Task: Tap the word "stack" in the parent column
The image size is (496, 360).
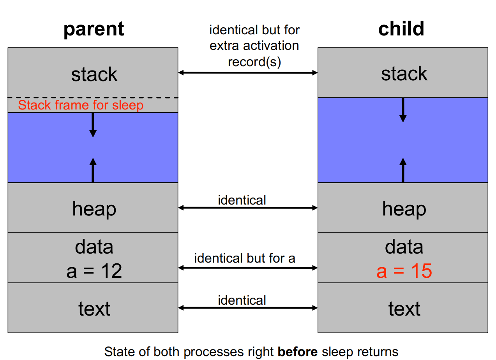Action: (x=94, y=74)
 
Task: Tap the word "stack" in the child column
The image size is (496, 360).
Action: (x=404, y=74)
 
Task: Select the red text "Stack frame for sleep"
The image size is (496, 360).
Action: (x=81, y=105)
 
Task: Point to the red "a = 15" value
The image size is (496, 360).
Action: (x=404, y=271)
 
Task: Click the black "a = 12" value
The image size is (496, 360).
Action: (x=94, y=271)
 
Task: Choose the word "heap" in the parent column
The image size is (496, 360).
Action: (x=94, y=210)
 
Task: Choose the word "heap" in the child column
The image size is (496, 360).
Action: (x=404, y=210)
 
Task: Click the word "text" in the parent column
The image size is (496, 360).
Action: (x=94, y=309)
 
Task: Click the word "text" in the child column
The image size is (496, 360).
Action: (x=404, y=309)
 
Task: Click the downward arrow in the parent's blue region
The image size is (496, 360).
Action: (x=93, y=125)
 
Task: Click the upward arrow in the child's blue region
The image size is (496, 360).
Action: (x=403, y=170)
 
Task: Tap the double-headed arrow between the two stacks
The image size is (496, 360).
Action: (x=248, y=72)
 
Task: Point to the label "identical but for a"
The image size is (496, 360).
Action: (x=245, y=258)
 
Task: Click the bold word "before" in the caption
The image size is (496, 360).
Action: (x=298, y=352)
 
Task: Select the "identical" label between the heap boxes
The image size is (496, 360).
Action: (x=242, y=200)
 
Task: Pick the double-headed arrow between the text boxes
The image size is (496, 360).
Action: (x=248, y=308)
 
